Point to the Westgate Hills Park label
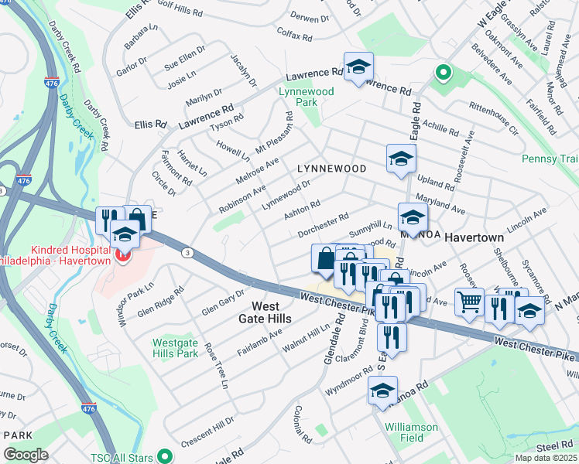coord(175,347)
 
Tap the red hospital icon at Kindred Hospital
coord(120,254)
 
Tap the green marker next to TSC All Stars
coord(163,455)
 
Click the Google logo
coord(26,455)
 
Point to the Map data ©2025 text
coord(546,458)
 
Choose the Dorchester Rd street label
coord(323,226)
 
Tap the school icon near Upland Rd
coord(400,159)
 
